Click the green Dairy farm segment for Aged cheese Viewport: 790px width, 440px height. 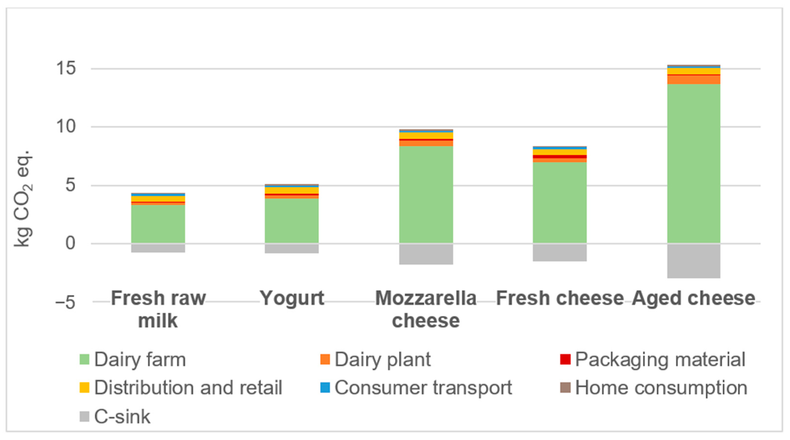[694, 163]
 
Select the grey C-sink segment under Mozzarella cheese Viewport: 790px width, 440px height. [426, 254]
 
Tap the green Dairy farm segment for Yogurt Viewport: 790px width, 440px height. [292, 221]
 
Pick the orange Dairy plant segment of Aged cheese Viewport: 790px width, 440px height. [694, 79]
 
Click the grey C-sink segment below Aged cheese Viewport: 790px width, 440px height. [694, 261]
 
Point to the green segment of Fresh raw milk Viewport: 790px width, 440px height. [158, 224]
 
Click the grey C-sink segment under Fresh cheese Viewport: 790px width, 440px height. [560, 252]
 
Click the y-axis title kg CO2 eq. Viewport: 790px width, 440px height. [23, 198]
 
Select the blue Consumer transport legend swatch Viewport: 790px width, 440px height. [325, 388]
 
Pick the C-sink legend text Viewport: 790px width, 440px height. [122, 417]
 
